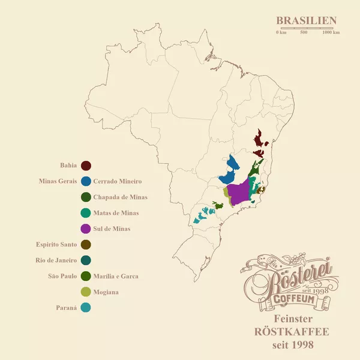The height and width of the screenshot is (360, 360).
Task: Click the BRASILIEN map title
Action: coord(306,20)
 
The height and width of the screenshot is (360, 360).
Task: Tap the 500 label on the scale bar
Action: coord(304,32)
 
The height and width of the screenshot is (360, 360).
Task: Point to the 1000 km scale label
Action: coord(331,32)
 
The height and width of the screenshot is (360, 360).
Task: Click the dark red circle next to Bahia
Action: coord(86,165)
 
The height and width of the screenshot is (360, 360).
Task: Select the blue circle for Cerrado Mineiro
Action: coord(86,181)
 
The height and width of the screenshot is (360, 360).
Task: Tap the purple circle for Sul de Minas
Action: coord(86,229)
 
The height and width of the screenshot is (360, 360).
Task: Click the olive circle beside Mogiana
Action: coord(86,292)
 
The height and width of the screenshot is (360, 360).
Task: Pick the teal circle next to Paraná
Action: coord(86,308)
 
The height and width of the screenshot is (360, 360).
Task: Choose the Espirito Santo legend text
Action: coord(56,245)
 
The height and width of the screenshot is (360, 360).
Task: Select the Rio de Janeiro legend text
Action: coord(57,260)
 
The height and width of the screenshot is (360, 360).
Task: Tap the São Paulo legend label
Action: coord(62,277)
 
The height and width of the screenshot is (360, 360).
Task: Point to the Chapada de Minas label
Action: coord(120,197)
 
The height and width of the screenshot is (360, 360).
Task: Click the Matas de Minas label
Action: coord(116,213)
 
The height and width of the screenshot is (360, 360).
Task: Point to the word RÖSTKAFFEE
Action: coord(292,332)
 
